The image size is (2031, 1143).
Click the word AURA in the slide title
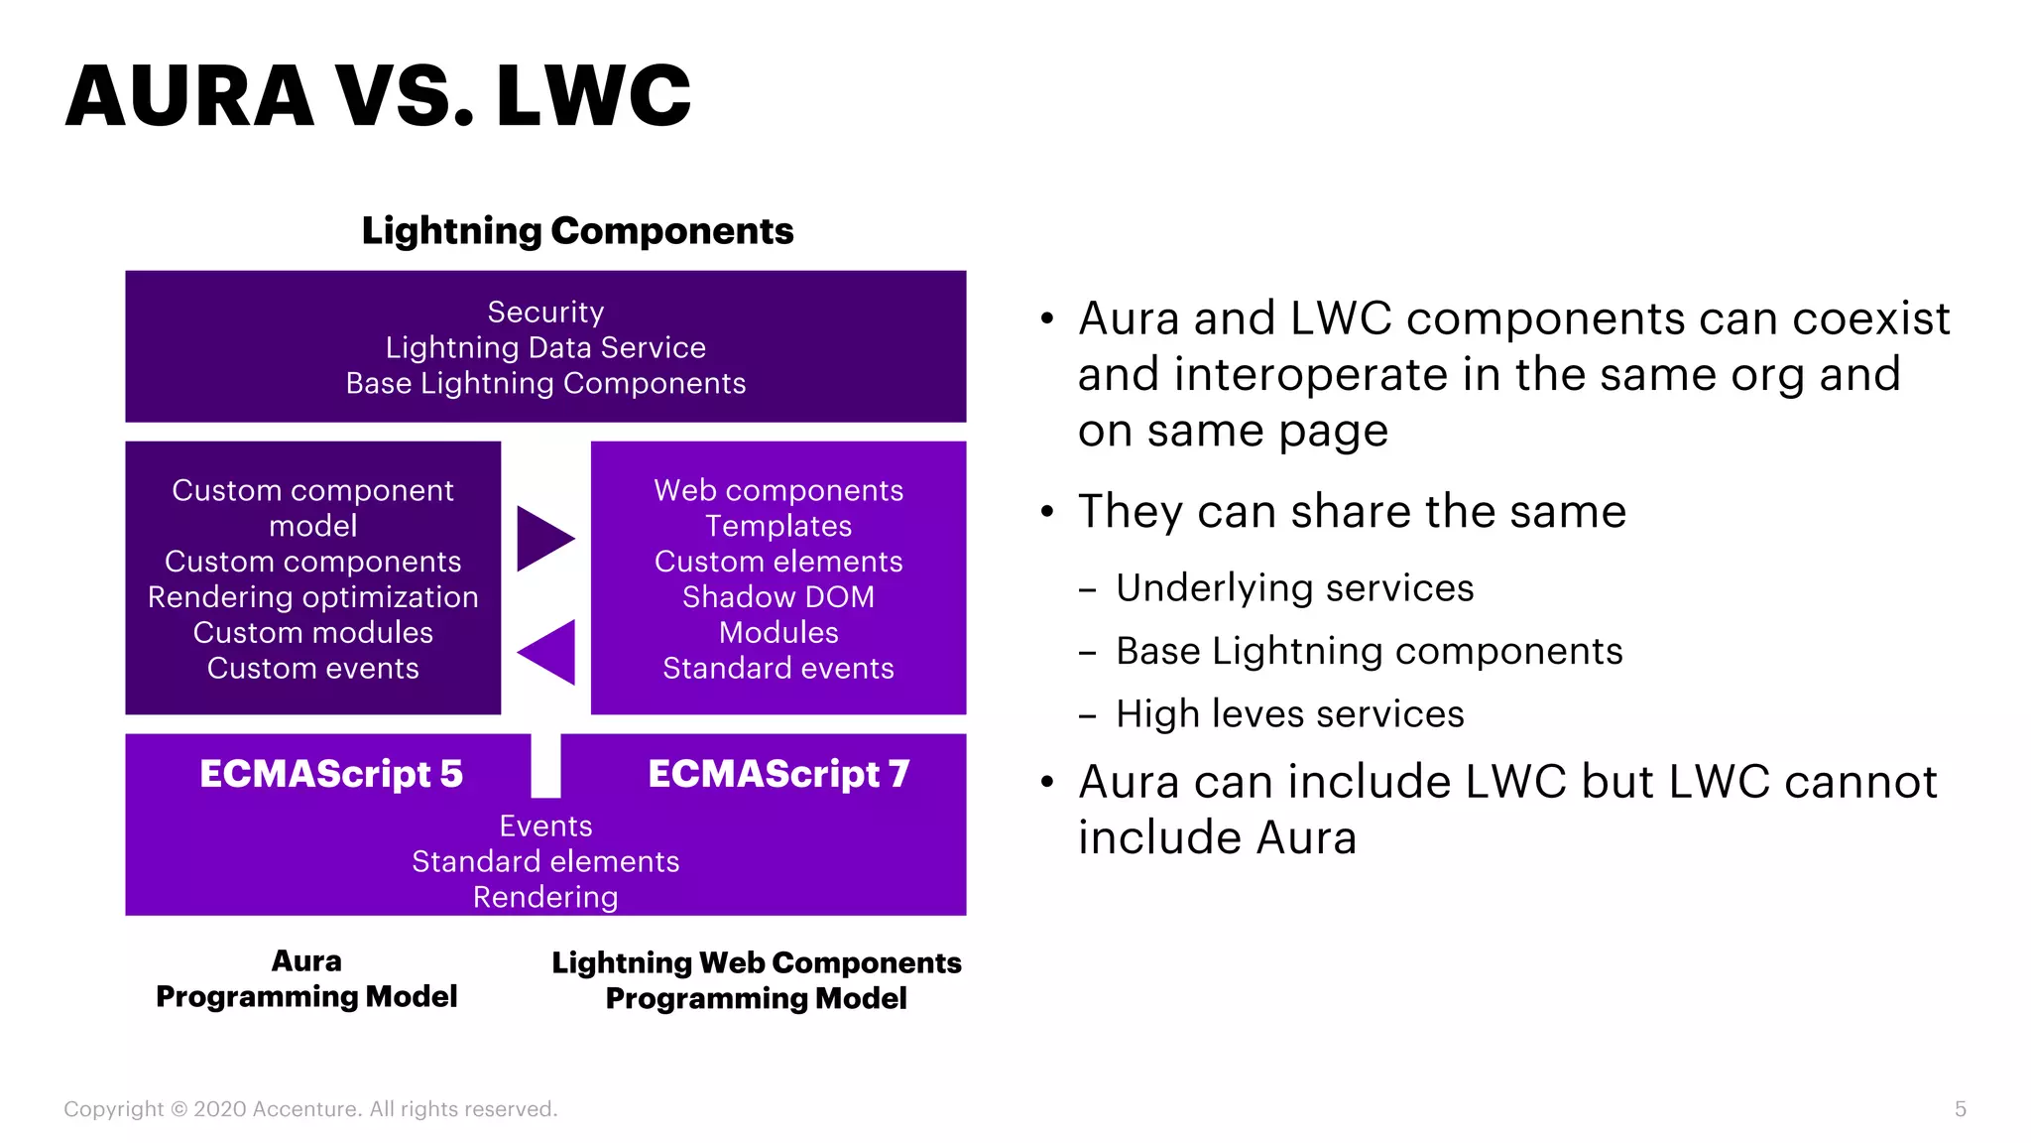[189, 96]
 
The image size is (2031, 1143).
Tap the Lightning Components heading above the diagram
[577, 231]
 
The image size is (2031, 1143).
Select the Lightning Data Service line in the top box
[545, 347]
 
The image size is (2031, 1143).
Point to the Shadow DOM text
[778, 597]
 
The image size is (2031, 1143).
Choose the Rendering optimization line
[312, 597]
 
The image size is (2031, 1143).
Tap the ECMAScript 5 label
[331, 774]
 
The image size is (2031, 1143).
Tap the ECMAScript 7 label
[778, 774]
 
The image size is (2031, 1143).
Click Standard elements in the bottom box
[545, 861]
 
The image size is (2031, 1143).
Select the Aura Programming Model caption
[306, 979]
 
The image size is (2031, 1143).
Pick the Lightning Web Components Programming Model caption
[756, 980]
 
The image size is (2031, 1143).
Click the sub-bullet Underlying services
[1294, 588]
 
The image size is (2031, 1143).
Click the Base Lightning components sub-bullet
[1369, 652]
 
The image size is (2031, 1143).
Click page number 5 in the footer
[1960, 1109]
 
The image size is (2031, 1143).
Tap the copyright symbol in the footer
[179, 1109]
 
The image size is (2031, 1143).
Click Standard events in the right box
[778, 669]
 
